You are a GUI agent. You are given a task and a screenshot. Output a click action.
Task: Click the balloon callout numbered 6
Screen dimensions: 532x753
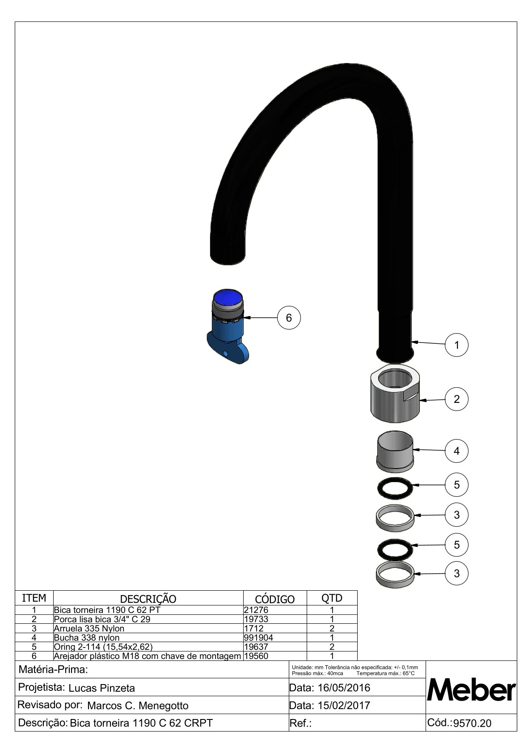coord(289,317)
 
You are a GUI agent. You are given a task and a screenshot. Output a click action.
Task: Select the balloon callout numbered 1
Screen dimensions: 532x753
coord(456,345)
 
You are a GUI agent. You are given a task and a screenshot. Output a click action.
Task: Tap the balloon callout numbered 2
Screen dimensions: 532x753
coord(456,399)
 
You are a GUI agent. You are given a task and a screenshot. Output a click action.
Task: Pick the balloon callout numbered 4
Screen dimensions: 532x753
coord(456,451)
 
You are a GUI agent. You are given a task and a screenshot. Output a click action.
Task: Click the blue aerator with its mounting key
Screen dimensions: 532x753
coord(228,326)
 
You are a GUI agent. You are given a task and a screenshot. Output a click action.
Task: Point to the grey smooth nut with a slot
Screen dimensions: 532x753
coord(395,393)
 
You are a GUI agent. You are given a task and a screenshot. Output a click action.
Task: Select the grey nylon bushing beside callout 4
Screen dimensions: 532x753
coord(395,452)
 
